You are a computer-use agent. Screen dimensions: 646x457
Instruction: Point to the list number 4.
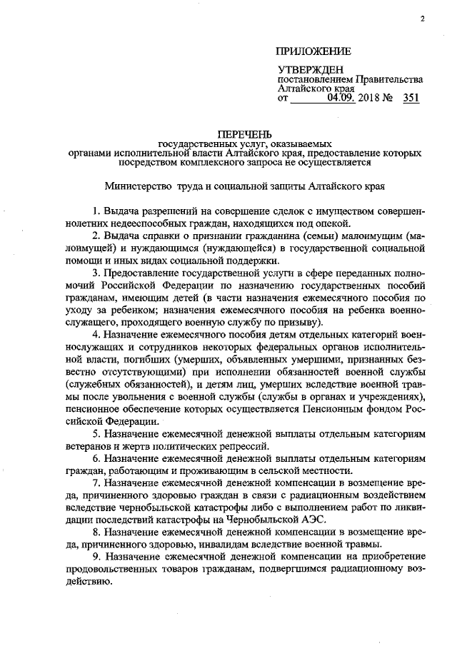96,335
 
